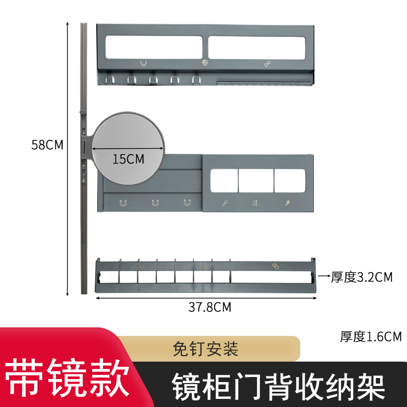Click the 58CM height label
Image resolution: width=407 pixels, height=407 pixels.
47,144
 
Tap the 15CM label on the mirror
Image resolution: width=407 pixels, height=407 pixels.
128,159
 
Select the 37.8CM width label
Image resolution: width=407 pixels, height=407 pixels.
210,307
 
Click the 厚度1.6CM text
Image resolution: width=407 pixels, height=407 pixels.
371,336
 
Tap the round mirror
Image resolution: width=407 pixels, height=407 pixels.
127,137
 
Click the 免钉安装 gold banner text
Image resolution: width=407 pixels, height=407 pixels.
206,350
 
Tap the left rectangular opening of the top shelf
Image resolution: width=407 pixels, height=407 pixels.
153,47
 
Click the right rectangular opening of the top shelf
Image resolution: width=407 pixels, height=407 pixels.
256,47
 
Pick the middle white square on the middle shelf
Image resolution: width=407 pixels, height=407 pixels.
256,181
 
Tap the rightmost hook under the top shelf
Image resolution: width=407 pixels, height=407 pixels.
196,80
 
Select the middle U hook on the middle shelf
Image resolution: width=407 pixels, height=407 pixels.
155,203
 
